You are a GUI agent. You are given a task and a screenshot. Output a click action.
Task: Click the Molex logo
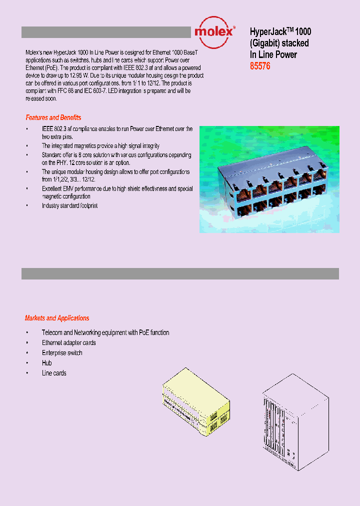[213, 31]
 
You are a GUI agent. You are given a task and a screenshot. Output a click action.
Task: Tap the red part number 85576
[260, 66]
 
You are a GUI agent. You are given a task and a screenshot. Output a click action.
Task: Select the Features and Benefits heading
[53, 117]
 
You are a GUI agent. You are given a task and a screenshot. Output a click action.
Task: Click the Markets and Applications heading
[57, 318]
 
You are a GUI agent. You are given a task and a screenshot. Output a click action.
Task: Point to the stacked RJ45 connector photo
[269, 179]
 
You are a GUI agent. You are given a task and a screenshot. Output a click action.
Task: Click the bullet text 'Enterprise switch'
[62, 353]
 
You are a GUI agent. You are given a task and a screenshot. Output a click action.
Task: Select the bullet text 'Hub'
[46, 363]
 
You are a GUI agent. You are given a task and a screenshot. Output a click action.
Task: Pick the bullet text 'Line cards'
[54, 373]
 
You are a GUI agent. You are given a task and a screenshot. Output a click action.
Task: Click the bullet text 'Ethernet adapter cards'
[68, 342]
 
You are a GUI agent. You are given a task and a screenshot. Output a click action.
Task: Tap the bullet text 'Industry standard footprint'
[69, 205]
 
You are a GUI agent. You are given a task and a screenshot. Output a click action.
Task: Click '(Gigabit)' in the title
[264, 43]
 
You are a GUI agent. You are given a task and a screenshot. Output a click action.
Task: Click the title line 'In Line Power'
[273, 55]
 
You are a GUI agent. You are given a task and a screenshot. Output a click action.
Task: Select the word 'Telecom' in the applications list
[52, 332]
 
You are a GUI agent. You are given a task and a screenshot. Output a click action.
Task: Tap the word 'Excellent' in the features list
[53, 189]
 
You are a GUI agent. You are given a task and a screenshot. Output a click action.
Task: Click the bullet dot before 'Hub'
[27, 363]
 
